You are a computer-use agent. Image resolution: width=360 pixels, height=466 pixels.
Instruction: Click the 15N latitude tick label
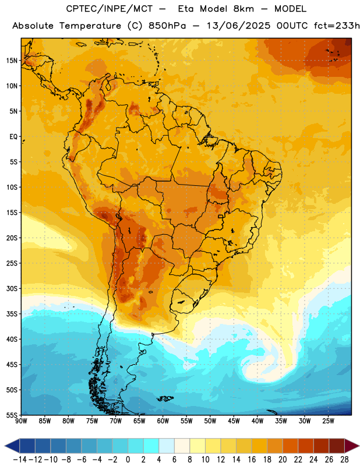point(12,61)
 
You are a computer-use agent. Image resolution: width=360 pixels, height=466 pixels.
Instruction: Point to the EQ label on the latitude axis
point(13,137)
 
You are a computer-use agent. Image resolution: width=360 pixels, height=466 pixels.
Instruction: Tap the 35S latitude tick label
point(12,314)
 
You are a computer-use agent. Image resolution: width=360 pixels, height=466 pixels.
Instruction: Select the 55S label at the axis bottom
point(12,415)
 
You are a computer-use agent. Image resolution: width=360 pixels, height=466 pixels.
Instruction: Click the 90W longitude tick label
point(21,421)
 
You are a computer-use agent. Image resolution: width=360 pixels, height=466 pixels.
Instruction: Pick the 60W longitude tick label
point(163,421)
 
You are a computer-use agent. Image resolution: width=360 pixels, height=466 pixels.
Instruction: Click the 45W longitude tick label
point(234,421)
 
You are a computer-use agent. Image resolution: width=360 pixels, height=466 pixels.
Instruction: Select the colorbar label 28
point(344,460)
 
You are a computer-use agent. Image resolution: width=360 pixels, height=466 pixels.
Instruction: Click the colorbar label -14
point(20,460)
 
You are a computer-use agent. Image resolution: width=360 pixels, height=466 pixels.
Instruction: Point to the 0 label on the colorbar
point(128,460)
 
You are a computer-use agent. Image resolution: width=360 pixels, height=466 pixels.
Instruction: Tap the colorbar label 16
point(252,460)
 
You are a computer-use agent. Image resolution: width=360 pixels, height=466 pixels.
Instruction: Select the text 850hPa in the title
point(167,26)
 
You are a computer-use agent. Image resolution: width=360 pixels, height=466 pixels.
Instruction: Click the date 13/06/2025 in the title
point(239,26)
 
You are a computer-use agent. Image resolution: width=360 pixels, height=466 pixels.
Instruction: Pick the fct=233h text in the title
point(337,26)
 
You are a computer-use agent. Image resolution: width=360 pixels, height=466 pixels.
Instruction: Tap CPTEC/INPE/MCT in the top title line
point(110,9)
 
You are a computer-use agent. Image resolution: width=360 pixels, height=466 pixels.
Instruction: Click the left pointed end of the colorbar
point(5,446)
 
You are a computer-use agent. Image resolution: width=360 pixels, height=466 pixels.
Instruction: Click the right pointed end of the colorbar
point(358,446)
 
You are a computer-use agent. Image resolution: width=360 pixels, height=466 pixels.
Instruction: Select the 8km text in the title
point(243,9)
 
